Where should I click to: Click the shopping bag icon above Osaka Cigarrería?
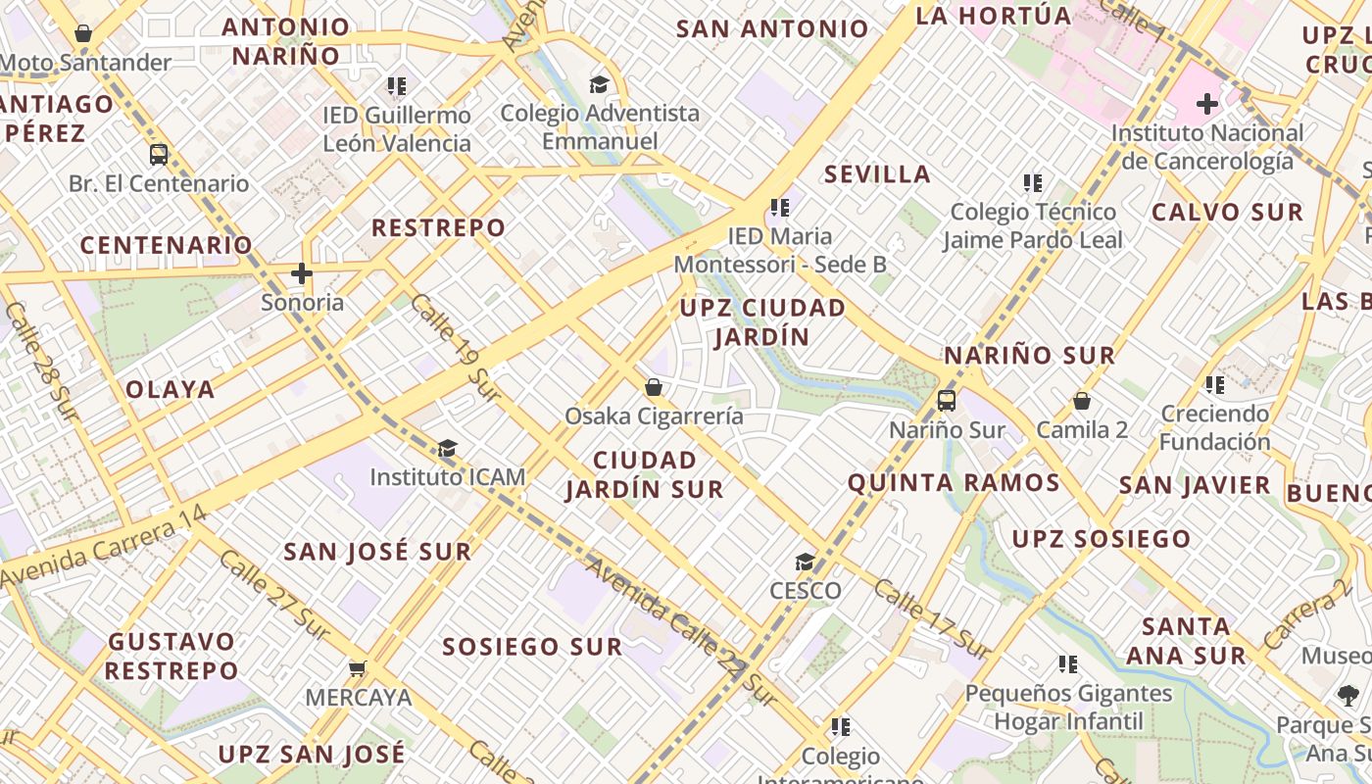(x=654, y=388)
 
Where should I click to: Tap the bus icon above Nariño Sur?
(x=947, y=400)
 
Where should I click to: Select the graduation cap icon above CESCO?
(x=805, y=562)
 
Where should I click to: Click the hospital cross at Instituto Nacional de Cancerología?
(x=1207, y=103)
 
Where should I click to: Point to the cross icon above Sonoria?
(x=302, y=273)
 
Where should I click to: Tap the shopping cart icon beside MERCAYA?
(x=358, y=668)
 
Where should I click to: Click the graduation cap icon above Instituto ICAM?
(x=447, y=449)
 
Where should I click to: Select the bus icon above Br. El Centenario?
(x=159, y=154)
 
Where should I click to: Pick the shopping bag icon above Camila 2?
(x=1082, y=401)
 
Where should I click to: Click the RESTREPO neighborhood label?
(x=439, y=228)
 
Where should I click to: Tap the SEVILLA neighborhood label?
(x=877, y=174)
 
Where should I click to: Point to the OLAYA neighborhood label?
(x=171, y=389)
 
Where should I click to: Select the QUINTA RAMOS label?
(x=954, y=482)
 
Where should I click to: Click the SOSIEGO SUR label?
(x=532, y=647)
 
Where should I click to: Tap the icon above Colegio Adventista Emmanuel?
(x=599, y=84)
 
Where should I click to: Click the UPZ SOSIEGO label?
(x=1101, y=539)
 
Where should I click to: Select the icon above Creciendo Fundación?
(x=1215, y=385)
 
